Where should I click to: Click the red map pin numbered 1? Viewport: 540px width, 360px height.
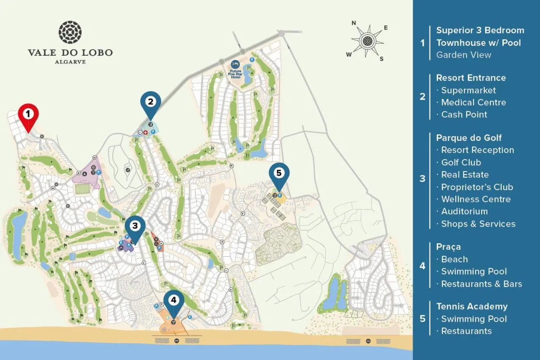(28, 115)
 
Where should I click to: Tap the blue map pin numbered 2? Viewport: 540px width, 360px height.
(150, 102)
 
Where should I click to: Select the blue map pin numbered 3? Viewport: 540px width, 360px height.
(135, 226)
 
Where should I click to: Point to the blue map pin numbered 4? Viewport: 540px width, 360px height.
(174, 300)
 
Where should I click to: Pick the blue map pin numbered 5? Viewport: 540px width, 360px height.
(279, 174)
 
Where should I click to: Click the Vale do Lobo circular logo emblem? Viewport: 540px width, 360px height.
(70, 32)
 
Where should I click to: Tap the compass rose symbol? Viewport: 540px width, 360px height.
(367, 41)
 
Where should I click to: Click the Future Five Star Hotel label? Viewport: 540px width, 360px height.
(235, 74)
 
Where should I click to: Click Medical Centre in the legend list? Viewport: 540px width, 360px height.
(473, 102)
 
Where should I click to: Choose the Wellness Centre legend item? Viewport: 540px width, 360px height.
(476, 199)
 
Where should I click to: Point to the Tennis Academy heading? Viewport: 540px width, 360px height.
(472, 306)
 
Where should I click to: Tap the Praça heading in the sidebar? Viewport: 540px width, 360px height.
(448, 247)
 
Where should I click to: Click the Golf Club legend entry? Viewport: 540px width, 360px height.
(461, 162)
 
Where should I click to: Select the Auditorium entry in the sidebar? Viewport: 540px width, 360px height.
(464, 211)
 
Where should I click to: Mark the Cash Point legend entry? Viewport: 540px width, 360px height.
(464, 115)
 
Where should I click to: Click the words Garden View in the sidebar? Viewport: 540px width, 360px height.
(464, 55)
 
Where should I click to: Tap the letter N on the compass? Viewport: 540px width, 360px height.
(353, 23)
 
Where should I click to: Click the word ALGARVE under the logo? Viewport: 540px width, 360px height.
(70, 62)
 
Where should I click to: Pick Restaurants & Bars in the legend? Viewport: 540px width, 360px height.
(481, 284)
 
